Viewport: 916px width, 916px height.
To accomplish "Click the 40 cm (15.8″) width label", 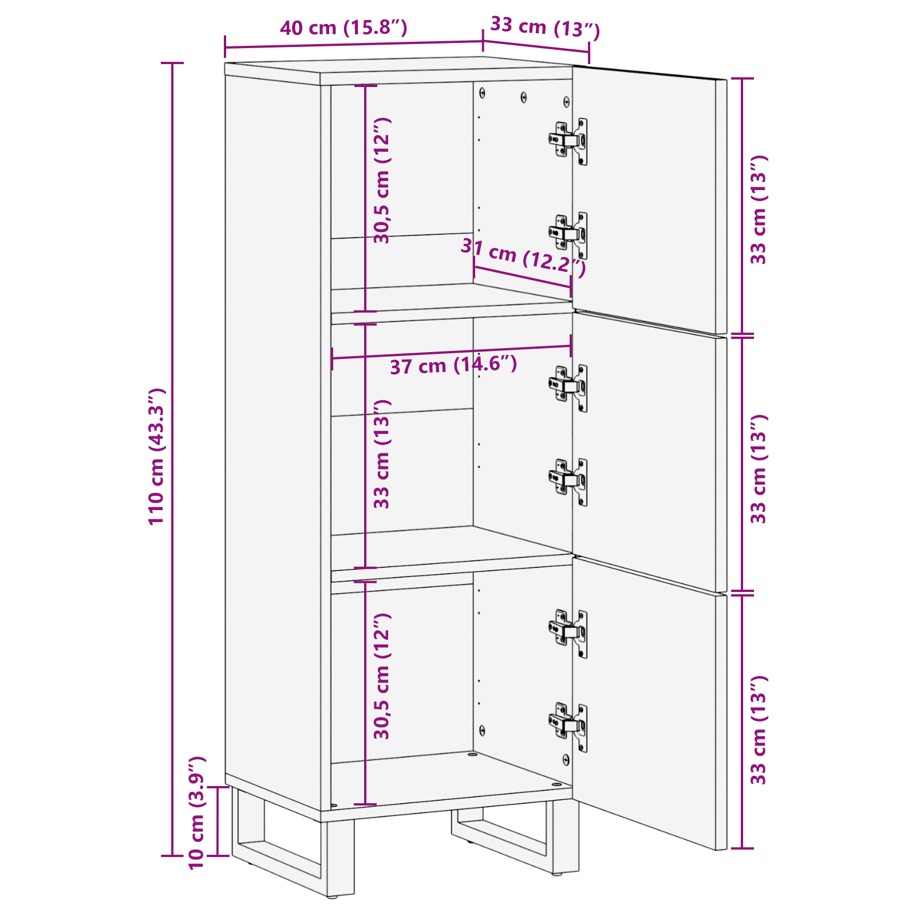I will click(x=343, y=27).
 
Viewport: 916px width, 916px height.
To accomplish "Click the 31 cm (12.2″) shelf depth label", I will click(x=523, y=257).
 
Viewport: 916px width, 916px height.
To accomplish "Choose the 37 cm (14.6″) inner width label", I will click(x=453, y=365).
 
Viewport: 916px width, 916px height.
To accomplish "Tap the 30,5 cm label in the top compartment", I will click(x=382, y=180).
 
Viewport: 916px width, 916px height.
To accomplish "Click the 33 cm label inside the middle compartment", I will click(x=382, y=454).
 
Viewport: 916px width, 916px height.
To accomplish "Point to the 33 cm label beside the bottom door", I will click(x=759, y=730).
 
